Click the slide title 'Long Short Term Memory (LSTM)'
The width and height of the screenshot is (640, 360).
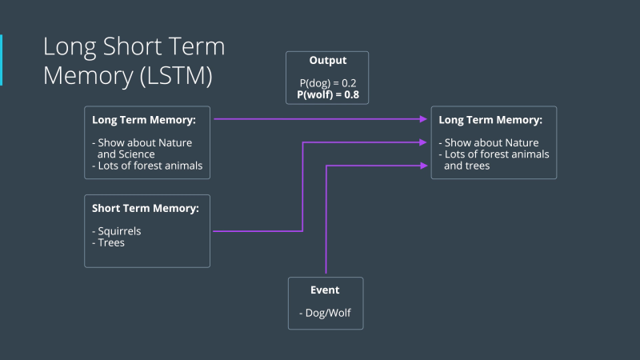pos(134,61)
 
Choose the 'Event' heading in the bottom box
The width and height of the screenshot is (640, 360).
pos(325,290)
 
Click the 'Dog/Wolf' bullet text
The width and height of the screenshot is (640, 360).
pos(325,314)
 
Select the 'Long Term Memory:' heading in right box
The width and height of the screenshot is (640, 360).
pos(490,120)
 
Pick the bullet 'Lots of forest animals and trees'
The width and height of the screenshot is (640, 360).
pos(494,160)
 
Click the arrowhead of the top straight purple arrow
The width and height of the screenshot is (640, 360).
pos(424,119)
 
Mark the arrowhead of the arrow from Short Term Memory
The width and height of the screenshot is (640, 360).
pos(424,142)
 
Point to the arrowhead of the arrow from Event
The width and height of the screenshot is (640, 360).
pos(424,166)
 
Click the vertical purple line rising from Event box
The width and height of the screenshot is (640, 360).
pos(326,224)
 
